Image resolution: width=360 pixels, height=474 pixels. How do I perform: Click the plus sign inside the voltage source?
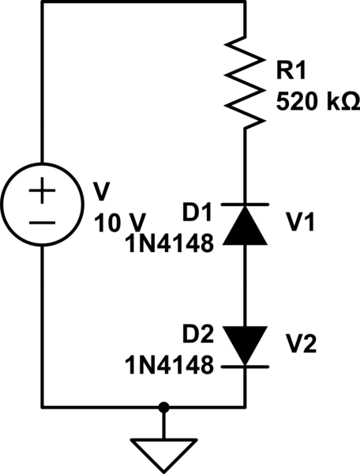click(x=43, y=192)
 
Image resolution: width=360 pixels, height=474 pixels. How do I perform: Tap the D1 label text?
click(x=199, y=213)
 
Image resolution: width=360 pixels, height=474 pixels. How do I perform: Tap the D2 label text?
click(x=199, y=336)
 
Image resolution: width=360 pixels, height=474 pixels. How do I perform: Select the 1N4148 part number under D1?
click(x=170, y=242)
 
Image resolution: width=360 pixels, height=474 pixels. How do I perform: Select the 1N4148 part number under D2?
click(x=170, y=364)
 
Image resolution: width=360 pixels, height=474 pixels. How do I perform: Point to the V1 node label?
click(x=301, y=224)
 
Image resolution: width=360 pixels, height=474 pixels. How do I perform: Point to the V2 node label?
click(x=301, y=345)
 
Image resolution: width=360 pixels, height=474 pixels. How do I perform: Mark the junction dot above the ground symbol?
click(x=163, y=408)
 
